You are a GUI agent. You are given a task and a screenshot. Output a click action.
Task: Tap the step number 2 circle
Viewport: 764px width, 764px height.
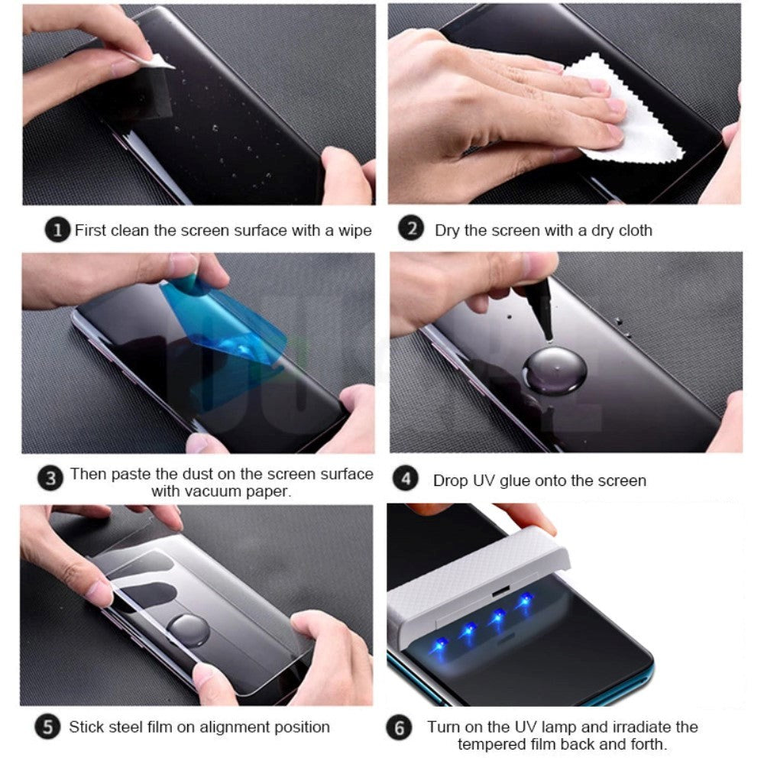pyautogui.click(x=411, y=229)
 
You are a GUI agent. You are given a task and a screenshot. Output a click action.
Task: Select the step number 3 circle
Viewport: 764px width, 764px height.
pyautogui.click(x=50, y=479)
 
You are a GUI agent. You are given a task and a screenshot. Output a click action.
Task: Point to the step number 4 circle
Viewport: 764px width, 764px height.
pyautogui.click(x=406, y=480)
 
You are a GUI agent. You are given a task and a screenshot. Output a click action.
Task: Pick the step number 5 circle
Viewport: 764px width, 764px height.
pyautogui.click(x=50, y=727)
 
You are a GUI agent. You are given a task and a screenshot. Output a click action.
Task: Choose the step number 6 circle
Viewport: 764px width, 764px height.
pyautogui.click(x=399, y=728)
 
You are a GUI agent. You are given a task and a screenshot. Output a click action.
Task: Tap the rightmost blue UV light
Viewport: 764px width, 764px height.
pyautogui.click(x=525, y=602)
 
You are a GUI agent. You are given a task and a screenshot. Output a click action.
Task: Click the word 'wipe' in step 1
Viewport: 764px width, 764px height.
pyautogui.click(x=353, y=230)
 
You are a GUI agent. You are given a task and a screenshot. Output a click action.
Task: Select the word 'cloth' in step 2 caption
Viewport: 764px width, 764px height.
pyautogui.click(x=632, y=230)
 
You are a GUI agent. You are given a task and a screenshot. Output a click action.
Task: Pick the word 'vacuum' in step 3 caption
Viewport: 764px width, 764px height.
pyautogui.click(x=211, y=491)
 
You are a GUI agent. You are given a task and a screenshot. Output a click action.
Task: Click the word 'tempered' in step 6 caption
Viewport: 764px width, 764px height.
pyautogui.click(x=489, y=743)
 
